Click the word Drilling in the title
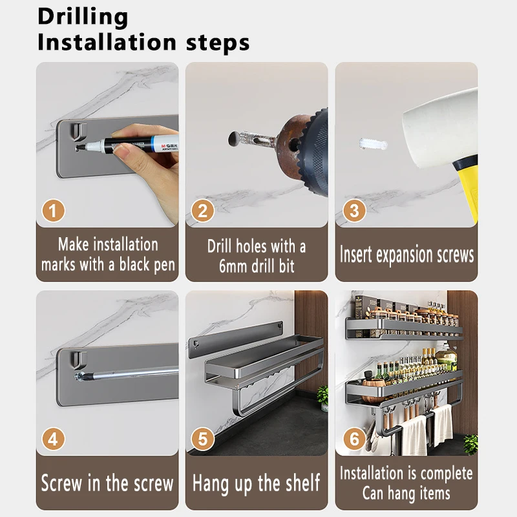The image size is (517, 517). tap(83, 17)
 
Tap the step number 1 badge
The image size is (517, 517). tap(54, 211)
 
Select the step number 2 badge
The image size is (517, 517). tap(203, 211)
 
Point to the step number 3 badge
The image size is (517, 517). tap(354, 211)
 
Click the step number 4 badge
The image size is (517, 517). tap(54, 439)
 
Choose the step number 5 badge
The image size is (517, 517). tap(203, 439)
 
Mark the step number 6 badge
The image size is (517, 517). tap(354, 439)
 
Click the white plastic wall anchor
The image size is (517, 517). tap(373, 144)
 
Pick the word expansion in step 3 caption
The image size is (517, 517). tap(405, 255)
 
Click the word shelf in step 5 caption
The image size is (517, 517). tap(302, 482)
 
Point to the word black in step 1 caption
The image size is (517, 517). tap(134, 265)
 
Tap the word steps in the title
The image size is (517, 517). tap(218, 43)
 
